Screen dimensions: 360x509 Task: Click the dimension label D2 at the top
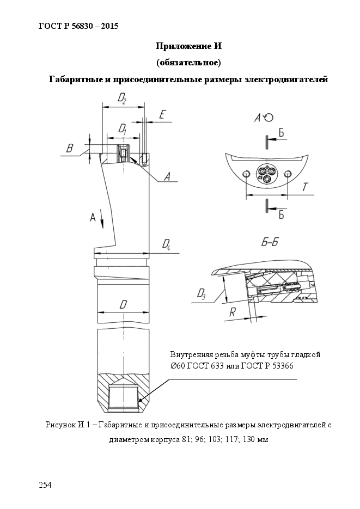coord(122,99)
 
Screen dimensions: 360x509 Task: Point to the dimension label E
coord(163,114)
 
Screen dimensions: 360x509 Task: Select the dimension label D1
coord(122,129)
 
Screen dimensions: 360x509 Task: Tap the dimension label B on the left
coord(70,149)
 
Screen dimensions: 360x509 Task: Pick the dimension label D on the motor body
coord(123,304)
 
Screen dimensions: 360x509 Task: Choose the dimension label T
coord(305,187)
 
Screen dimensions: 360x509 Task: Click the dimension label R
coord(233,312)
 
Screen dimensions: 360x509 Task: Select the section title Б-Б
coord(270,242)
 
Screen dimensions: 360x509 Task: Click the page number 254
coord(45,485)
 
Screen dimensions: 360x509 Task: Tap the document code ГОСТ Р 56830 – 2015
coord(78,26)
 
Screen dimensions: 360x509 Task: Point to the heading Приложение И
coord(188,46)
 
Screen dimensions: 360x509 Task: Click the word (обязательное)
coord(188,62)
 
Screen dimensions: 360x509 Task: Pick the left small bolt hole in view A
coord(246,174)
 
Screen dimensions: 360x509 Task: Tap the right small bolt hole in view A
coord(286,174)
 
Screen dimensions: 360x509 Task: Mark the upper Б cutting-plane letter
coord(281,132)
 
